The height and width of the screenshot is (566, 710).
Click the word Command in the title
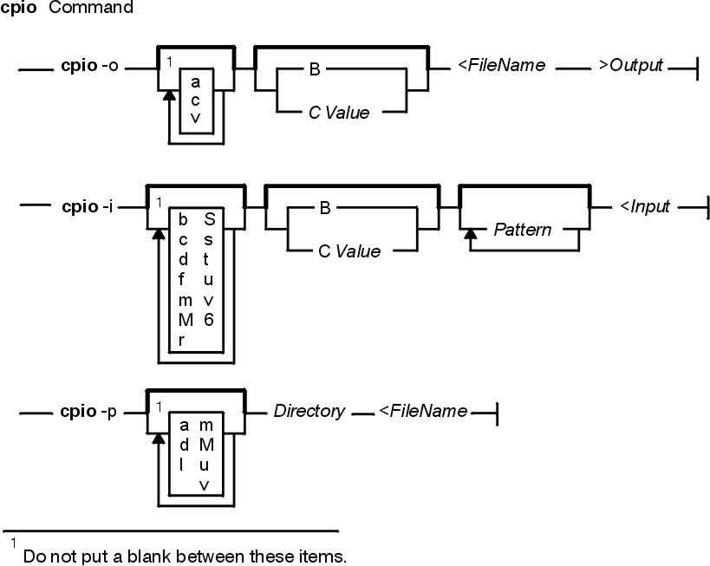point(90,8)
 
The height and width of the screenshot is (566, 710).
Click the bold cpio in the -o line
point(79,67)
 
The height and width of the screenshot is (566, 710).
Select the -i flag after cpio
point(107,207)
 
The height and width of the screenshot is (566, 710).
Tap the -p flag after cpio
point(108,413)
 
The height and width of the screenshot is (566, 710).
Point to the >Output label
point(631,66)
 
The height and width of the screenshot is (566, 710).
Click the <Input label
point(645,207)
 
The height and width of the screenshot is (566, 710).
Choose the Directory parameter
point(309,411)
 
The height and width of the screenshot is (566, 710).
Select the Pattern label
point(523,230)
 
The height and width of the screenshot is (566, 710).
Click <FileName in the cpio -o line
point(502,65)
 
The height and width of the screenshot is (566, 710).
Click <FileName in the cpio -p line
point(423,411)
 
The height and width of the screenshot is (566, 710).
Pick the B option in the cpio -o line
point(315,69)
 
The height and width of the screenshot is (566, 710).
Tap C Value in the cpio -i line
point(349,251)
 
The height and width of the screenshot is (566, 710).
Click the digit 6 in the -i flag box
point(208,320)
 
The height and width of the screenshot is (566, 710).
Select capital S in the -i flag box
point(209,219)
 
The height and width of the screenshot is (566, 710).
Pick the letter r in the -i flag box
point(181,341)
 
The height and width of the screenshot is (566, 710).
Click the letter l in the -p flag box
point(181,465)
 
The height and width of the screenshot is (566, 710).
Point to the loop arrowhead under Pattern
point(471,234)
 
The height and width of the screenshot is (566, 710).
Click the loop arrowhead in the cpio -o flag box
point(169,95)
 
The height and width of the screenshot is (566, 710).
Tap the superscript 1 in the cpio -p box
point(159,407)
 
